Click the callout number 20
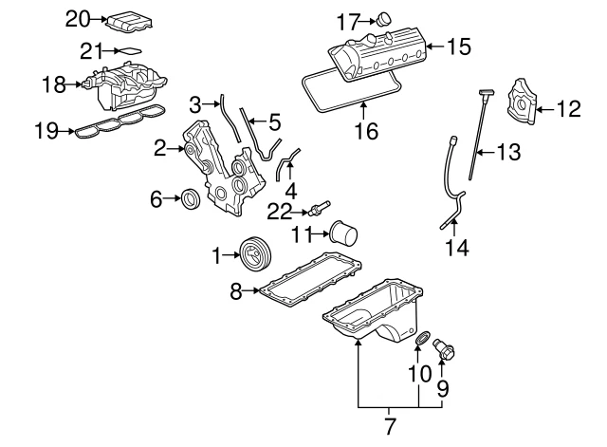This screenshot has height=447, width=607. (77, 17)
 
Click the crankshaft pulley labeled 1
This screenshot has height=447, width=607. (252, 256)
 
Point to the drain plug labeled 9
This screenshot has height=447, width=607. (446, 352)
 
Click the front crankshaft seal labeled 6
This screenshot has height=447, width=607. (192, 198)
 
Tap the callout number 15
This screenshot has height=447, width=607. (458, 46)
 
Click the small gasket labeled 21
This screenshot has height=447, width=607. (131, 50)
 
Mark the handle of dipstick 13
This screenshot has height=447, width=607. (486, 93)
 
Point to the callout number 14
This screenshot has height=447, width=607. (457, 250)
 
